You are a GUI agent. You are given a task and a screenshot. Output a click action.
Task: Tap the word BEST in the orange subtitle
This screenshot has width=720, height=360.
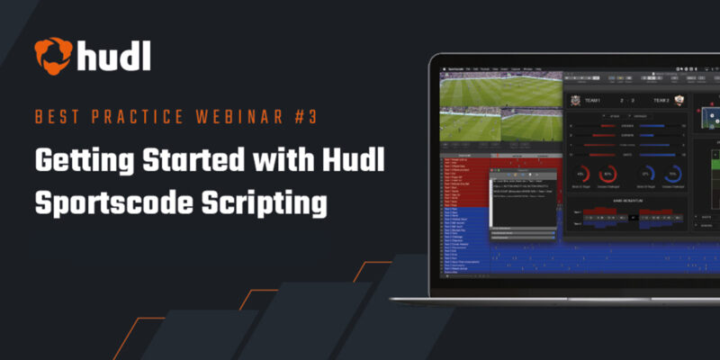(56, 117)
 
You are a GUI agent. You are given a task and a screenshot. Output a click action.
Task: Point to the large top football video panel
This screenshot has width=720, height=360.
(500, 91)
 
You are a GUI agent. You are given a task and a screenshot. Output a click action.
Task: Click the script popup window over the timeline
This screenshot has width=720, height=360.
(524, 203)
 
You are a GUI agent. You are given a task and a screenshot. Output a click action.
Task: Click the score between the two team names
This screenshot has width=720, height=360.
(627, 102)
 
